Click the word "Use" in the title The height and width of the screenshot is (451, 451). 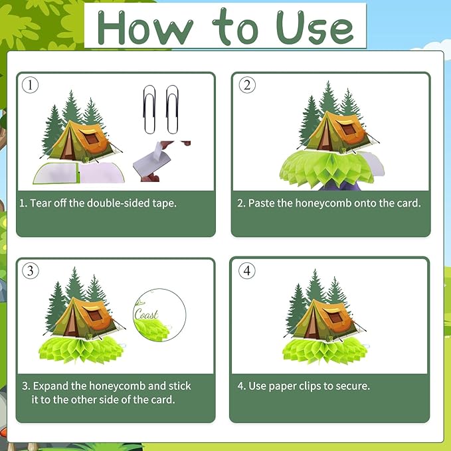(315, 27)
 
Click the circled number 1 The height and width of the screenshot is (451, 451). (30, 85)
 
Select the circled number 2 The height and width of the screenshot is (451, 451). (247, 85)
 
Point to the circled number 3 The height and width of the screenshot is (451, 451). (30, 270)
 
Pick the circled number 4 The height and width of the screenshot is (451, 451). (247, 270)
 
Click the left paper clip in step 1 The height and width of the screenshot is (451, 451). (149, 110)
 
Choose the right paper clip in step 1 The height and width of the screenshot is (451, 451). (172, 110)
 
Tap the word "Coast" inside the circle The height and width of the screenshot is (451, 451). (146, 314)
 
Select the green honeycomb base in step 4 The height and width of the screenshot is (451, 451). (325, 349)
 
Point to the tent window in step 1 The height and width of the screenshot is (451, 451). (92, 139)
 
